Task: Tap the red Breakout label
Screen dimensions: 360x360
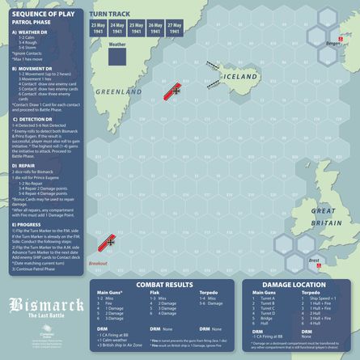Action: [x=98, y=264]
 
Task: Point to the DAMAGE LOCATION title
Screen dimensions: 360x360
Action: [x=299, y=286]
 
